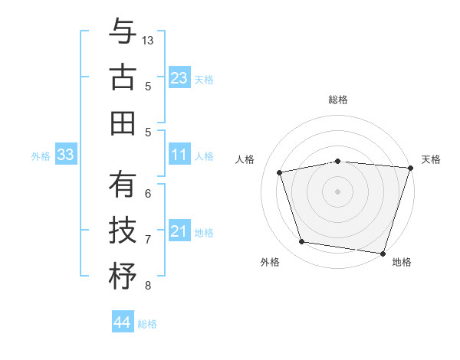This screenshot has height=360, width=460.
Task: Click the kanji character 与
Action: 122,33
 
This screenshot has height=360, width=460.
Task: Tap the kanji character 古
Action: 122,78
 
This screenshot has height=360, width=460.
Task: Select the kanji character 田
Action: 122,123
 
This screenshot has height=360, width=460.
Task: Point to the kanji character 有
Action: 122,185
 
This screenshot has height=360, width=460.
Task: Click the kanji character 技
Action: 122,230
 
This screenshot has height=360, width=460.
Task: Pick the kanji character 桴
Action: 122,276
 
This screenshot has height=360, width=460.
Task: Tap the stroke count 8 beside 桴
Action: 148,286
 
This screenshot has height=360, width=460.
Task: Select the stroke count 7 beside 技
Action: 148,240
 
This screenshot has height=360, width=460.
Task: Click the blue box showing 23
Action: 179,78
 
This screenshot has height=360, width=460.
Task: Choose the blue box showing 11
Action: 179,155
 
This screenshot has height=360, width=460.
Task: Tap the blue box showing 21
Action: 179,232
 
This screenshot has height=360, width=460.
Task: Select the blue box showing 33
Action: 65,155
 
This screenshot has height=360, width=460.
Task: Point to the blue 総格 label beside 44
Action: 148,325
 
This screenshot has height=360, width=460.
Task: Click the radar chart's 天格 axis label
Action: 431,159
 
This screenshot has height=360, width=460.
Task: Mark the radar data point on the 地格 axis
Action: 383,253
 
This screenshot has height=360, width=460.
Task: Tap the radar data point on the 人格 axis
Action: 281,172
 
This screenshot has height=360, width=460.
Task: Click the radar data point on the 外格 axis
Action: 302,242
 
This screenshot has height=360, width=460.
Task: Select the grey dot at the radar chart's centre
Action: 337,191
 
